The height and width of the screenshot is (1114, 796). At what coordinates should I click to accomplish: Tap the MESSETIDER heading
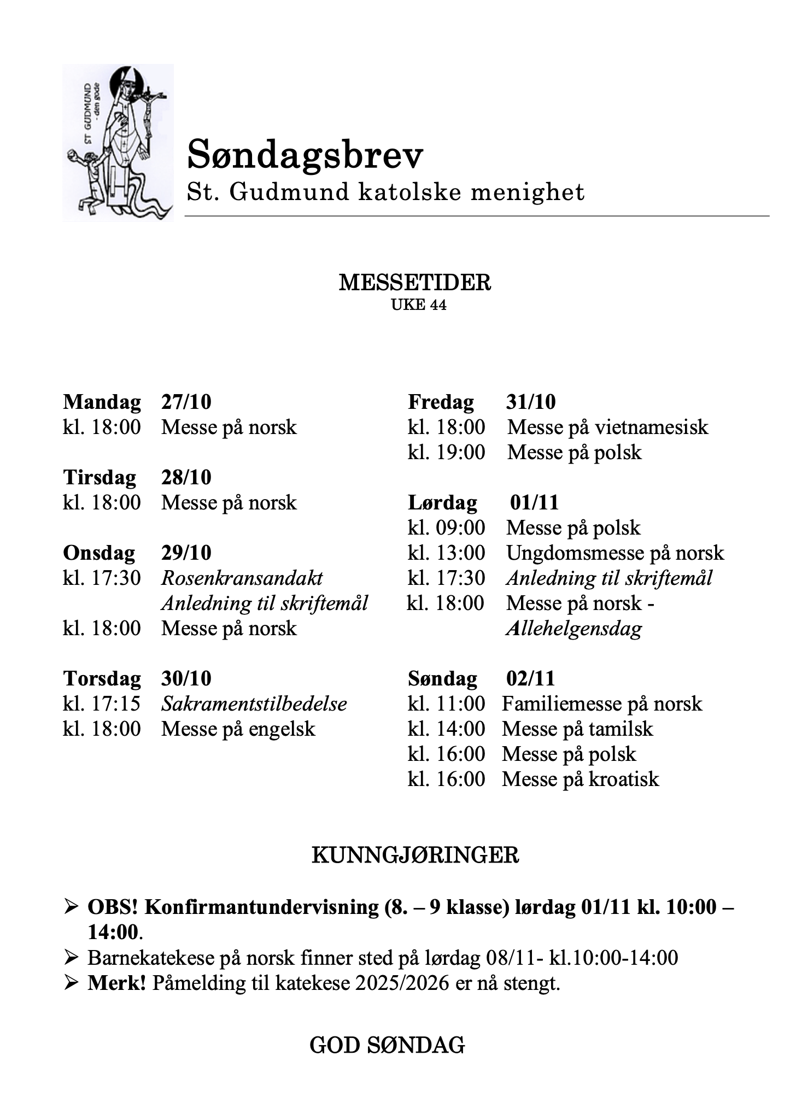point(415,283)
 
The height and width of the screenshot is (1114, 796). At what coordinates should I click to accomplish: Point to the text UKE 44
point(419,305)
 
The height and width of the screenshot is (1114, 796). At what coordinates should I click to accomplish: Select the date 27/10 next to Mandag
point(186,402)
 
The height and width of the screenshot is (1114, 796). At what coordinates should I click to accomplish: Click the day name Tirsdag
point(99,477)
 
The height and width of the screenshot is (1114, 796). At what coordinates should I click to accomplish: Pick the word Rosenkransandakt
point(242,578)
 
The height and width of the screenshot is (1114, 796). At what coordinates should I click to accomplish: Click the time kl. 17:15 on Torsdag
point(102,703)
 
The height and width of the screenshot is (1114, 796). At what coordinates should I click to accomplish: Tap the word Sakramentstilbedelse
point(254,703)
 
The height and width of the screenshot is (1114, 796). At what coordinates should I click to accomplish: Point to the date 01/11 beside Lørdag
point(534,502)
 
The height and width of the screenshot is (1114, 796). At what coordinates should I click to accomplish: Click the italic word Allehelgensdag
point(574,629)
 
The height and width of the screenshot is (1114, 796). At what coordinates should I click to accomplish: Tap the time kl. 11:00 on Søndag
point(446,703)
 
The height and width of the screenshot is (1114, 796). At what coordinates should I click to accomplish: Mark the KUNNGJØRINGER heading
point(415,855)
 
